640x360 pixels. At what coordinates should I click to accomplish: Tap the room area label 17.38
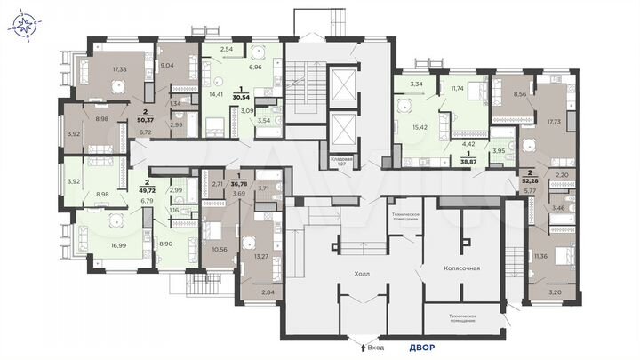[x=120, y=68]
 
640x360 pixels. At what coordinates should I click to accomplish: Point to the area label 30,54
[x=241, y=93]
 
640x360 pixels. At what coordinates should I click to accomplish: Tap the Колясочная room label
[x=462, y=267]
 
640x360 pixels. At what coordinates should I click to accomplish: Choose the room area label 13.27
[x=261, y=257]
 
